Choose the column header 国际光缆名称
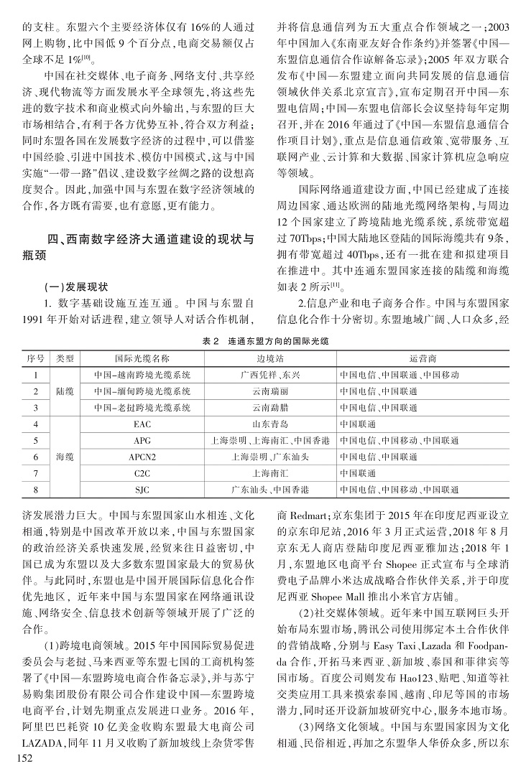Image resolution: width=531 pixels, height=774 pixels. coord(142,357)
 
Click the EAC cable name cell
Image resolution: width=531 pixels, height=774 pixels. coord(142,424)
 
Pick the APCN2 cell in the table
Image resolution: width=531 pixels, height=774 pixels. coord(142,457)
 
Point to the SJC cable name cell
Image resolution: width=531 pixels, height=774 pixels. coord(142,490)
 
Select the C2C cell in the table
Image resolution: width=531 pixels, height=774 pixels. coord(142,473)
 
